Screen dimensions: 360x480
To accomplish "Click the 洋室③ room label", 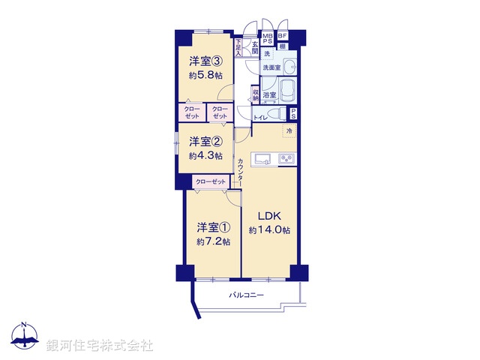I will (x=204, y=62).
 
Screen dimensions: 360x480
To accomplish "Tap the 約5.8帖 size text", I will (x=204, y=76).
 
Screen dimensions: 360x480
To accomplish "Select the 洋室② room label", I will (x=204, y=141).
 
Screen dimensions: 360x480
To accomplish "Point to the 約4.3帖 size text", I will (x=205, y=155).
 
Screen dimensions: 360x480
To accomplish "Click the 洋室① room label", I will (x=214, y=226).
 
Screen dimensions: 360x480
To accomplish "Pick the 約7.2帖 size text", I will (x=214, y=241).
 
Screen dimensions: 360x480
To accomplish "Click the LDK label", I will (x=268, y=216).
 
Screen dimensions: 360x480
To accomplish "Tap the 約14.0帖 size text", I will (x=269, y=230).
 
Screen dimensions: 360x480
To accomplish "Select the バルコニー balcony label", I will (x=247, y=295).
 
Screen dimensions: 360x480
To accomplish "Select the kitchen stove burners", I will (x=287, y=158).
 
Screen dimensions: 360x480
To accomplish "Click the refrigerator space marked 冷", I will (x=288, y=131).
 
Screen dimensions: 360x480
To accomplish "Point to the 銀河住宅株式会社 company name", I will (x=100, y=345).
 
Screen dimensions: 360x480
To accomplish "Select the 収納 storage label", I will (x=256, y=94).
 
